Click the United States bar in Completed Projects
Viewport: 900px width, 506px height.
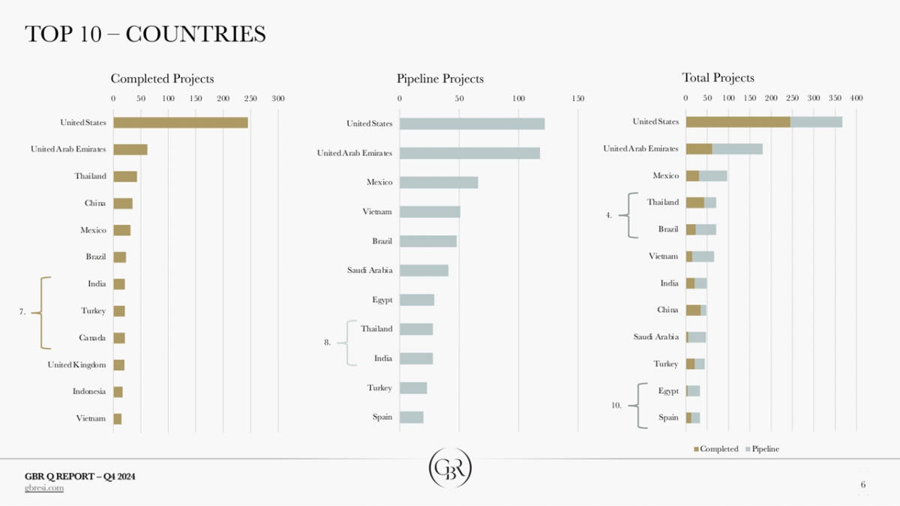click(180, 123)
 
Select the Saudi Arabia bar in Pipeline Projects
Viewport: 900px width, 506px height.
click(424, 271)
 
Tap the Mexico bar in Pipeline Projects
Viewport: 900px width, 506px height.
click(439, 182)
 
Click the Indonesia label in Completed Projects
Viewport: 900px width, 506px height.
click(89, 392)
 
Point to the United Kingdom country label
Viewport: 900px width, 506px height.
click(76, 365)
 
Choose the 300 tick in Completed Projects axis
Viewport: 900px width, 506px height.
click(277, 98)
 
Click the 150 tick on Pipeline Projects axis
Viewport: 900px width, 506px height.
click(577, 98)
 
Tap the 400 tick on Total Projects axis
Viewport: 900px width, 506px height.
click(856, 98)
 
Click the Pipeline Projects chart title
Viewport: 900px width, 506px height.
click(440, 79)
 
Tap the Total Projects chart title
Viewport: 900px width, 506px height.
click(718, 78)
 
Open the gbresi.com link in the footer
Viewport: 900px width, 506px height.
click(44, 488)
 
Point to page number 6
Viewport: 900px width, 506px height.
click(863, 486)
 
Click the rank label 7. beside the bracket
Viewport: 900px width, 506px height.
click(23, 312)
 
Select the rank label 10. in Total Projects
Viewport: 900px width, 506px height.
click(616, 405)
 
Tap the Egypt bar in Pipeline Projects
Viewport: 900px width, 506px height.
click(417, 301)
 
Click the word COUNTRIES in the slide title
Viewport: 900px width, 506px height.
click(196, 34)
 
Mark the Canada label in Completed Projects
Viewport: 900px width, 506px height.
click(92, 338)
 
